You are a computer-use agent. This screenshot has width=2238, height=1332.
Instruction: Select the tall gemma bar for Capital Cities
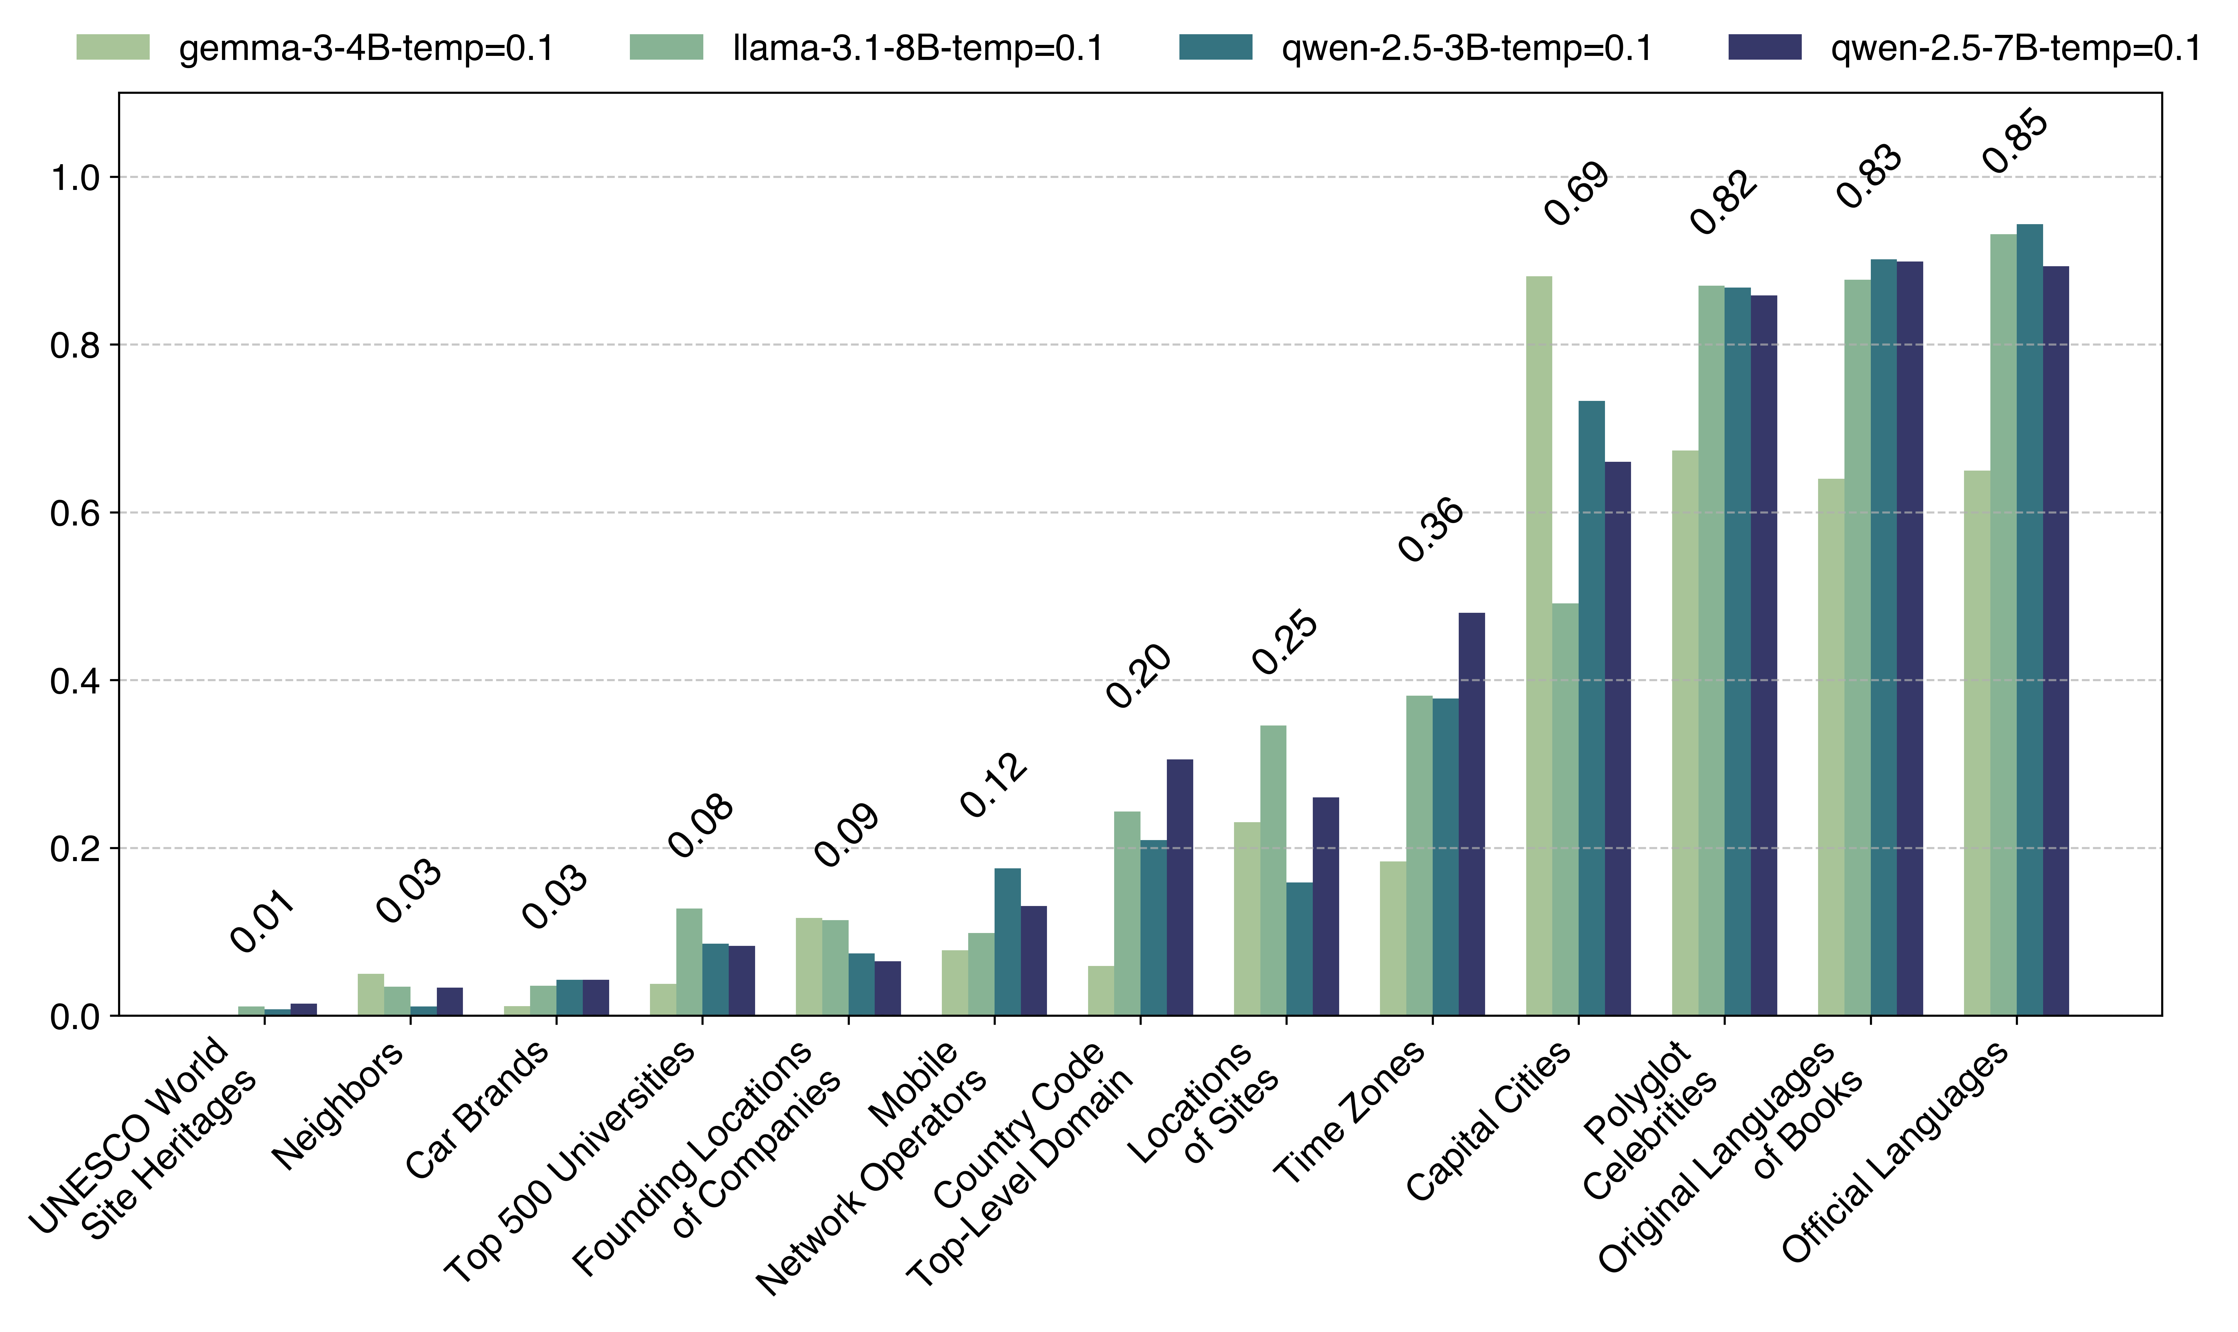click(1538, 646)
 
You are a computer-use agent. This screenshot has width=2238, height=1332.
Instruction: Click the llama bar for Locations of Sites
click(1272, 871)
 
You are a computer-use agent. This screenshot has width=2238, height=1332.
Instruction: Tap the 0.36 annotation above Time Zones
click(1430, 530)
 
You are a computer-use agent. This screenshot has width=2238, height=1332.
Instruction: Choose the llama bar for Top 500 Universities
click(688, 962)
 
